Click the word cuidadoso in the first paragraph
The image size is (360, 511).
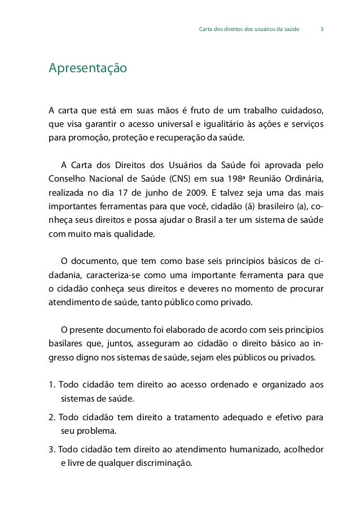tap(304, 109)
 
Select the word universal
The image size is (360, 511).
tap(168, 124)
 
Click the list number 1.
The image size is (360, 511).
tap(52, 385)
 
